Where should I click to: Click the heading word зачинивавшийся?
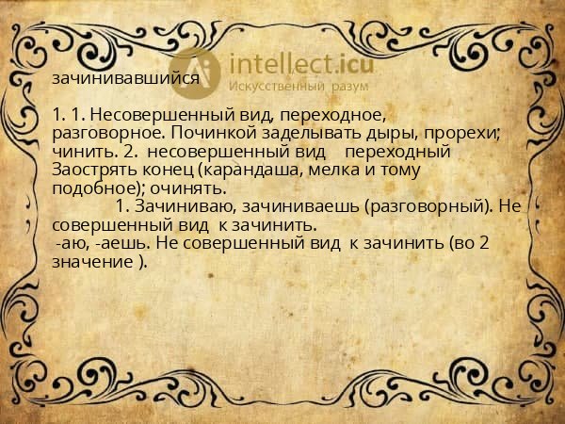[x=126, y=78]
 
